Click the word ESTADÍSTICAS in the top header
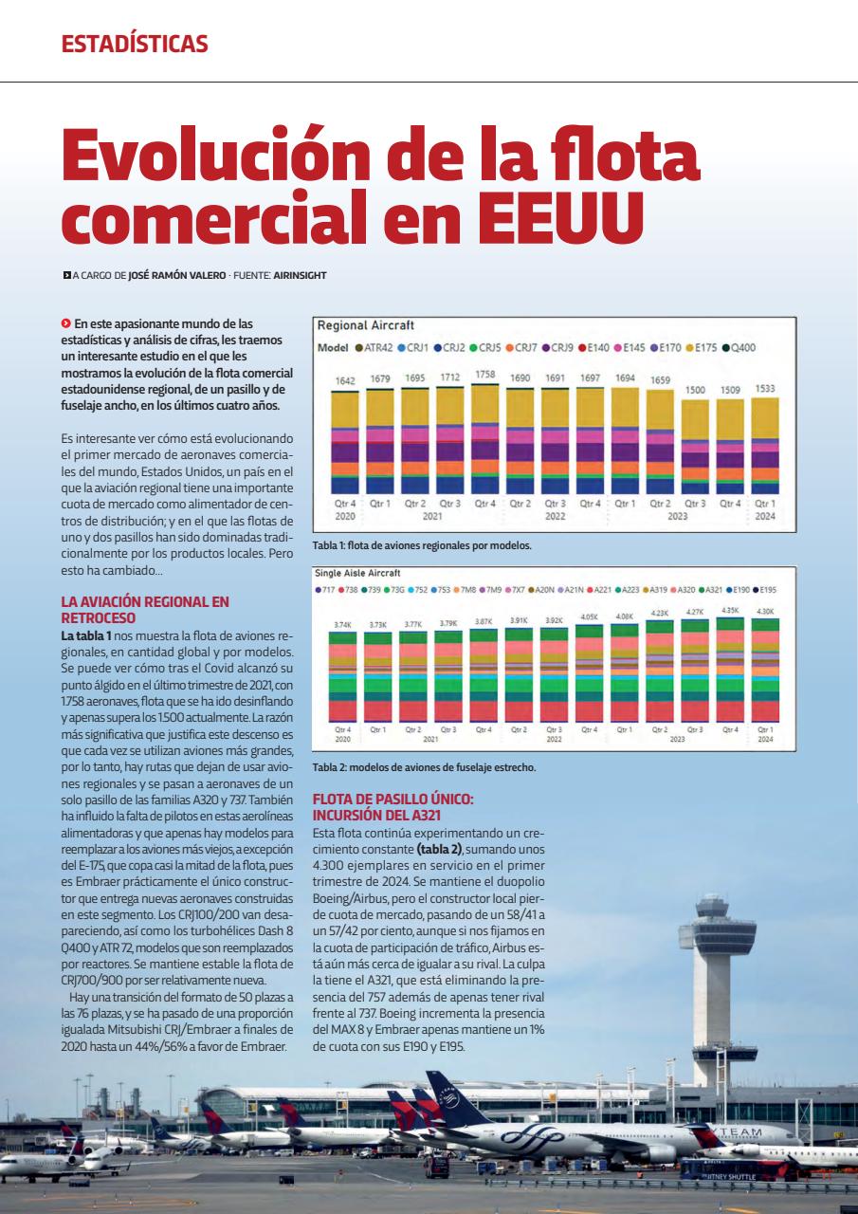(x=135, y=44)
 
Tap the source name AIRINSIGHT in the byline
(x=300, y=276)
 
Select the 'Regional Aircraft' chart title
(x=365, y=325)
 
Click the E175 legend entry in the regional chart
(x=704, y=347)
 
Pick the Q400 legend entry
(x=740, y=347)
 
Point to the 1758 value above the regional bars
(x=484, y=375)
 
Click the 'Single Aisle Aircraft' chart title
(x=357, y=573)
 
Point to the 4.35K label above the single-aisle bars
(x=730, y=611)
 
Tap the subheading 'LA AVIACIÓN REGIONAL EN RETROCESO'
(x=145, y=608)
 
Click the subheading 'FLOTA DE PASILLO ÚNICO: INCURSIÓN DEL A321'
(x=392, y=807)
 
